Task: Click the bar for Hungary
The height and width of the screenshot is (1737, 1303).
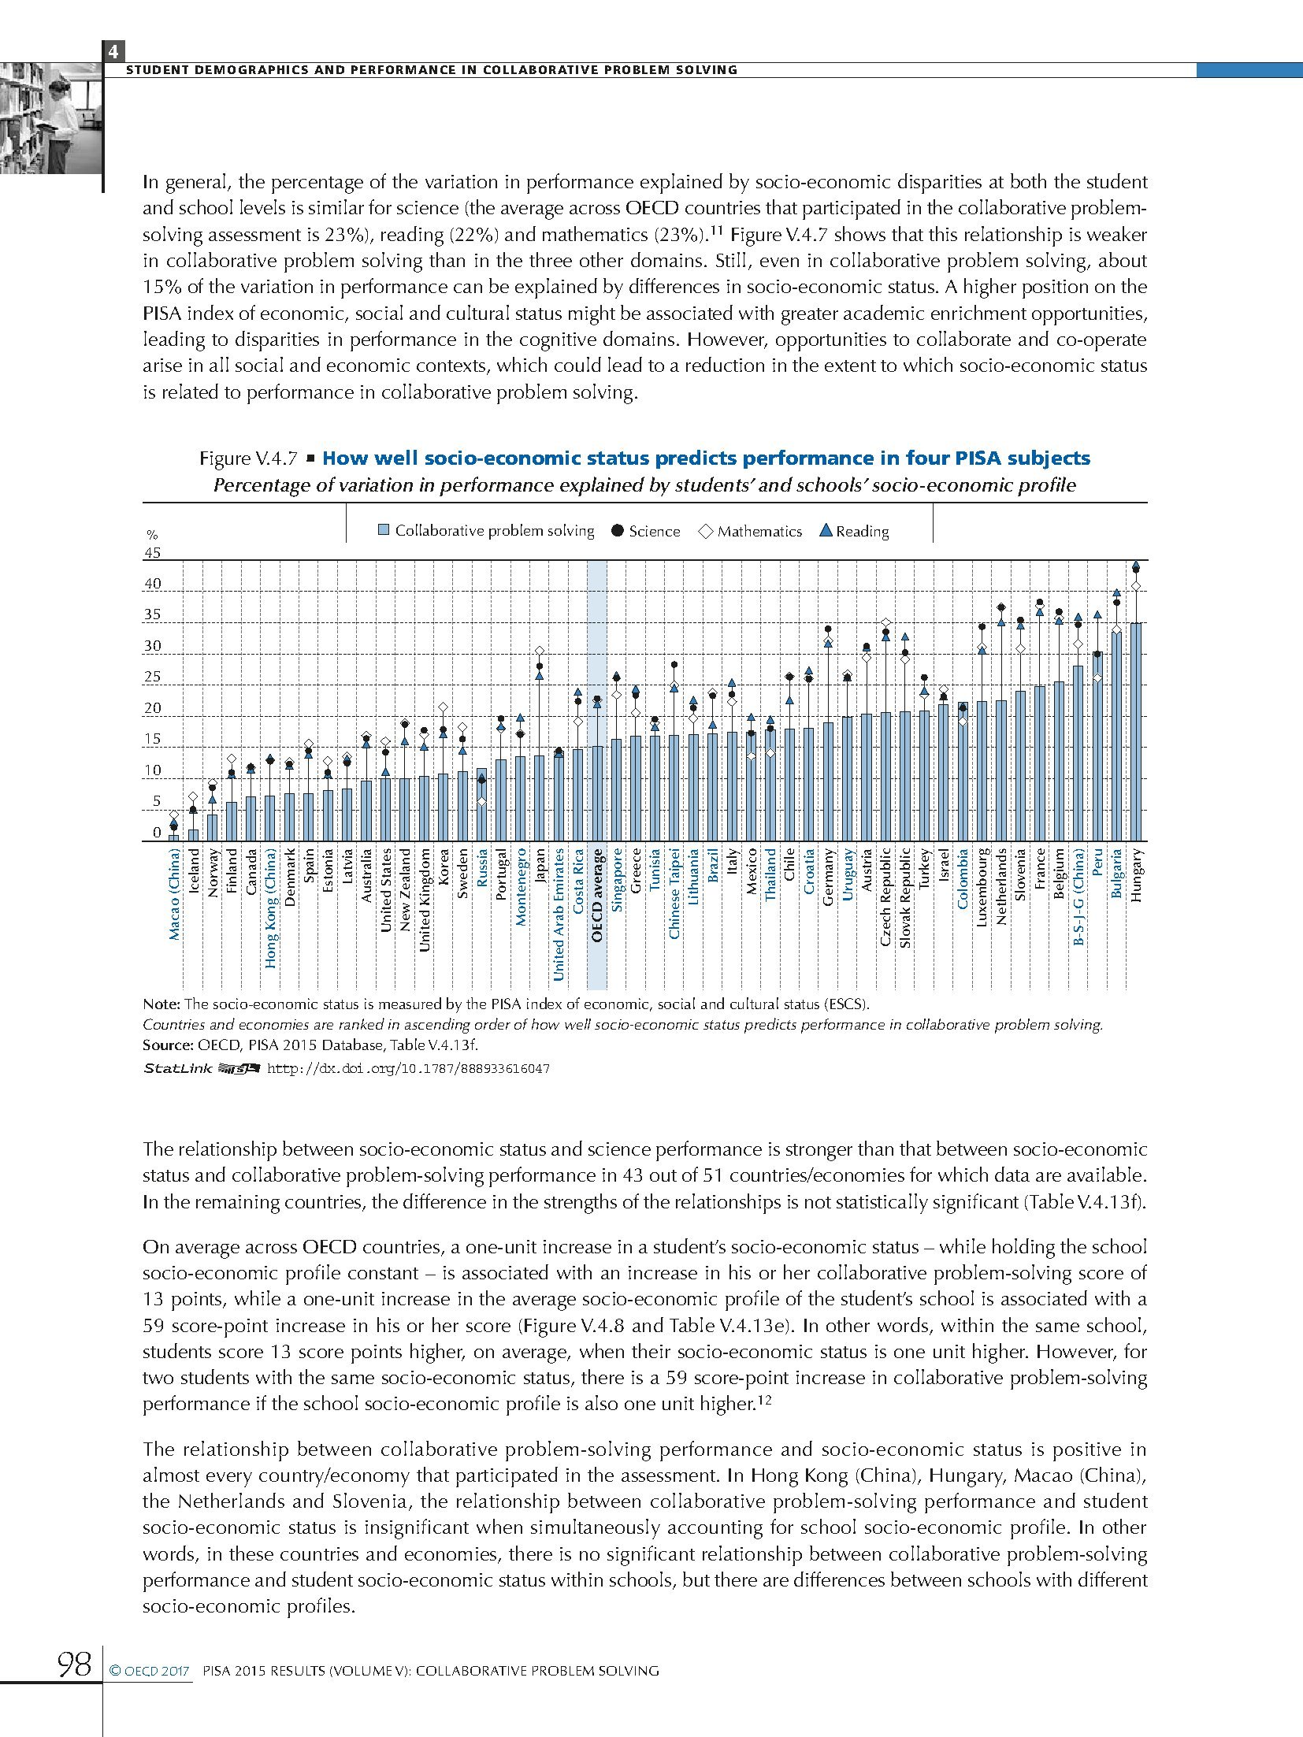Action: coord(1136,732)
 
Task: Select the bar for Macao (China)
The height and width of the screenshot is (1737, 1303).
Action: coord(174,837)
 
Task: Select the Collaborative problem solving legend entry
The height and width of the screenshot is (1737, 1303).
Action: coord(486,531)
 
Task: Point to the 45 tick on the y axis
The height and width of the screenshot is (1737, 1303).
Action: coord(152,553)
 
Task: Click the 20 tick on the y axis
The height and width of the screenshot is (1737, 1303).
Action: coord(152,708)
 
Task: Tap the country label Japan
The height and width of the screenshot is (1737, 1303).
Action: coord(540,866)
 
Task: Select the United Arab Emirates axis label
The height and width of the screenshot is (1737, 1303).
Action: coord(559,914)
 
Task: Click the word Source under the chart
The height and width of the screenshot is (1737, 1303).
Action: coord(164,1045)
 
